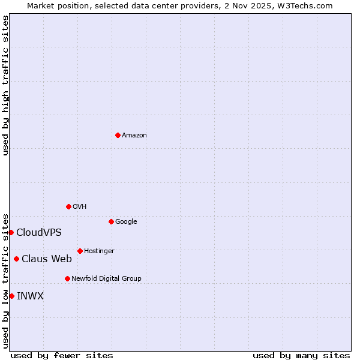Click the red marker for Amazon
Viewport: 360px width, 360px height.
[x=118, y=135]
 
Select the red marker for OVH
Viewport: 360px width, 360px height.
[x=68, y=206]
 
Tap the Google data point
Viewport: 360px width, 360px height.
[x=111, y=221]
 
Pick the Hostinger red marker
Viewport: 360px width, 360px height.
[x=80, y=251]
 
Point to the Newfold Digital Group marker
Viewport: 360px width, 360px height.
[x=67, y=278]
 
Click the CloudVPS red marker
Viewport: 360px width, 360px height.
[x=11, y=232]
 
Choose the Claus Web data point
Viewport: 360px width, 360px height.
[x=16, y=259]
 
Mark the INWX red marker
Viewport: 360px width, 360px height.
[x=11, y=296]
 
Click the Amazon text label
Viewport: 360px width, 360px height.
[x=134, y=136]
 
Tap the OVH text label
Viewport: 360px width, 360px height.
[x=80, y=207]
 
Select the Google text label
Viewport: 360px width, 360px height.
[x=126, y=222]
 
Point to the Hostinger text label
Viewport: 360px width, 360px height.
[x=99, y=251]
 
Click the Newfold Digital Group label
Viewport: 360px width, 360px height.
[x=106, y=279]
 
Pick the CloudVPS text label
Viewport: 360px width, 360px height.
[x=39, y=233]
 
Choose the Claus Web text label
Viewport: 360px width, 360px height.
[x=47, y=259]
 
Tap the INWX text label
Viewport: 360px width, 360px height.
[x=30, y=296]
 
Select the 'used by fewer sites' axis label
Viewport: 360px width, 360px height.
[x=62, y=355]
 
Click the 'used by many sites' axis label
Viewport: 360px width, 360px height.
[x=301, y=355]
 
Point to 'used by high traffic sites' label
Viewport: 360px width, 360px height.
[x=5, y=85]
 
